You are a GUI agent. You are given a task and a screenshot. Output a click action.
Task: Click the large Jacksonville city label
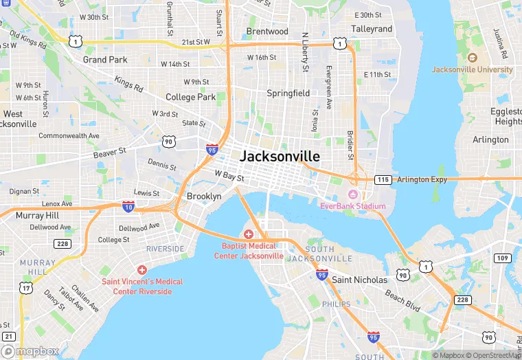click(x=280, y=156)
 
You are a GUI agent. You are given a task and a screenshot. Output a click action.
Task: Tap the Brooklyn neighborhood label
click(x=204, y=196)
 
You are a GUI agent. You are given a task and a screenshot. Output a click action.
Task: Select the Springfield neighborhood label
click(x=288, y=93)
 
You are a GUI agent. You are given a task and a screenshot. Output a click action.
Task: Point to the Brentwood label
click(x=267, y=32)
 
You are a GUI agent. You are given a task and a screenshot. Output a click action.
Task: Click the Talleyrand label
click(x=372, y=29)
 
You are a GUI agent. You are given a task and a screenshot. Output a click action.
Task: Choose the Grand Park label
click(x=105, y=60)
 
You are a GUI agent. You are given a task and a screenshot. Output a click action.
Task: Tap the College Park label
click(x=190, y=98)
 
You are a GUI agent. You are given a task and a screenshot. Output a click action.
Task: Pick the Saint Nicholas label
click(x=359, y=280)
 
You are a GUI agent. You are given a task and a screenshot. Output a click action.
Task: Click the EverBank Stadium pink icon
click(x=353, y=195)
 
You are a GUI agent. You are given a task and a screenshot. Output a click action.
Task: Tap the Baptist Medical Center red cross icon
click(x=249, y=235)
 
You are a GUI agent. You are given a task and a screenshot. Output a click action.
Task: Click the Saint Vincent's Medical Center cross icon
click(x=142, y=271)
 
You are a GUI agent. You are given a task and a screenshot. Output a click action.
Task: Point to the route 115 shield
click(x=383, y=179)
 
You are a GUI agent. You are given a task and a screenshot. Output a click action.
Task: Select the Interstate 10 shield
click(x=128, y=205)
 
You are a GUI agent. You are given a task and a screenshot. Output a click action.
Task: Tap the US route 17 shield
click(x=25, y=287)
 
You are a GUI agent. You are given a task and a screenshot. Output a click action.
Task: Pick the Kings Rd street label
click(x=129, y=85)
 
